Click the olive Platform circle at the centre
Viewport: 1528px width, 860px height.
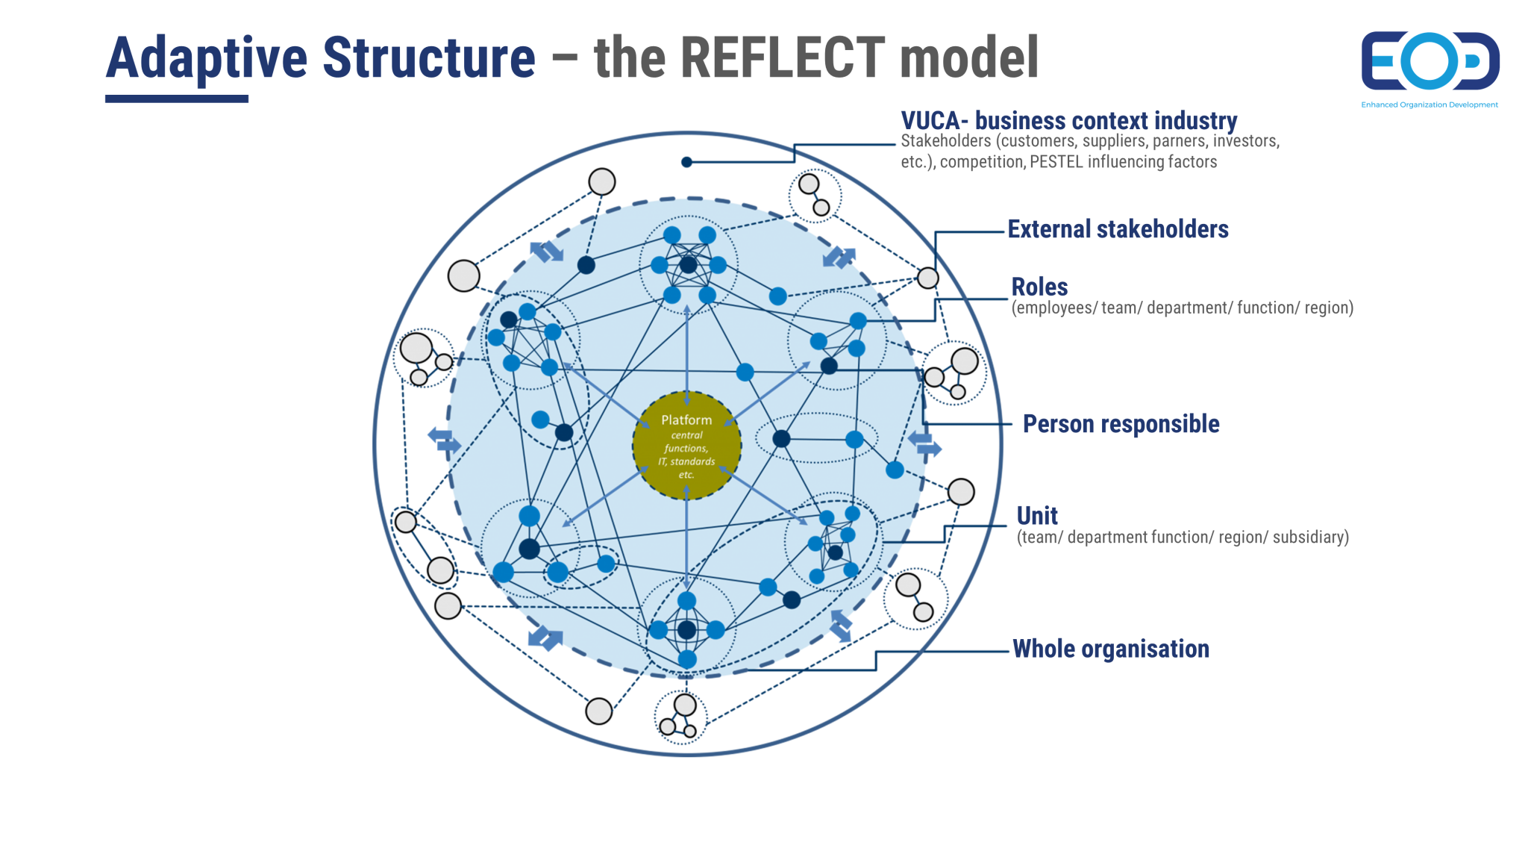[x=686, y=446]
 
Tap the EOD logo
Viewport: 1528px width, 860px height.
[x=1430, y=61]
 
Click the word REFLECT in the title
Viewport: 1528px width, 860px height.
[x=783, y=57]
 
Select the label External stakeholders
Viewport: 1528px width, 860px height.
[x=1118, y=229]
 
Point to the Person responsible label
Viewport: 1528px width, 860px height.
[x=1121, y=424]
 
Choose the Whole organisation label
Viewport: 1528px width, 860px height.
[x=1110, y=649]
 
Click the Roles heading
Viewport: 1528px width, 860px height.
[x=1039, y=287]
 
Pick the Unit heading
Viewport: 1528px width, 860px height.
[x=1037, y=516]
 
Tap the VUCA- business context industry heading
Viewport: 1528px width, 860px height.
[x=1068, y=120]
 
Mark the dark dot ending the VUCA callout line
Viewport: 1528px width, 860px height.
[x=687, y=162]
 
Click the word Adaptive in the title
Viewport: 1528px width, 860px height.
[x=207, y=57]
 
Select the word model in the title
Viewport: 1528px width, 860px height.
[x=968, y=57]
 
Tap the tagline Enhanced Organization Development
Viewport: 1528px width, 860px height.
[x=1430, y=105]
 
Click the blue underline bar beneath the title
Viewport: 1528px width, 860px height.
[x=177, y=99]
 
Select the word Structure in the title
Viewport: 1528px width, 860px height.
[x=429, y=57]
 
